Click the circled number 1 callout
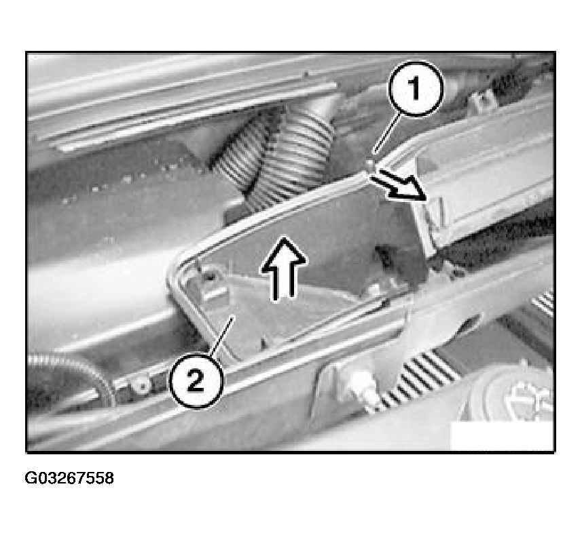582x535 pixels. tap(416, 89)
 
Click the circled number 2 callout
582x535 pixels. tap(196, 380)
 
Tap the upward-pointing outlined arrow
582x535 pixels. tap(284, 269)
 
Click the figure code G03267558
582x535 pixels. tap(69, 478)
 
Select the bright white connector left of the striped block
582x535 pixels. tap(357, 385)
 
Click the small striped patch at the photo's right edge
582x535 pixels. tap(543, 302)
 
